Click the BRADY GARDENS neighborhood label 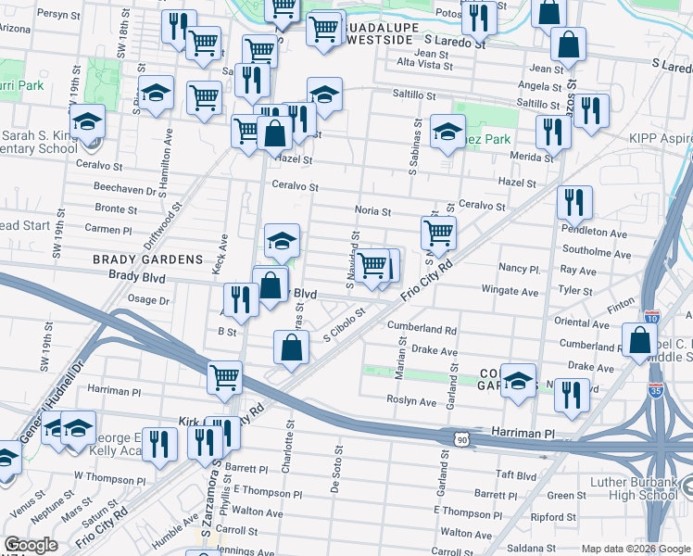[147, 259]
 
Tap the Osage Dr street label [148, 300]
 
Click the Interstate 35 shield [657, 392]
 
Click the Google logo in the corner [31, 545]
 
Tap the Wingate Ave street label [510, 291]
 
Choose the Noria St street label [372, 211]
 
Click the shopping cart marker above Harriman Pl [225, 377]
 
